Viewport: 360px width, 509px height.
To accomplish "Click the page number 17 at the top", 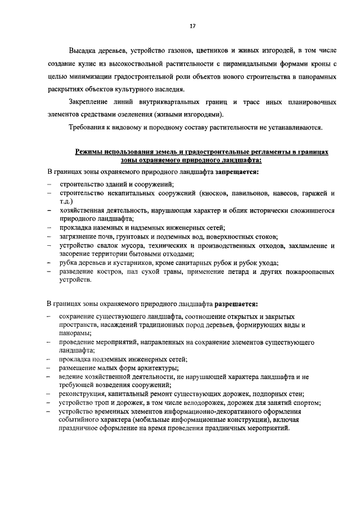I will tap(192, 26).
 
